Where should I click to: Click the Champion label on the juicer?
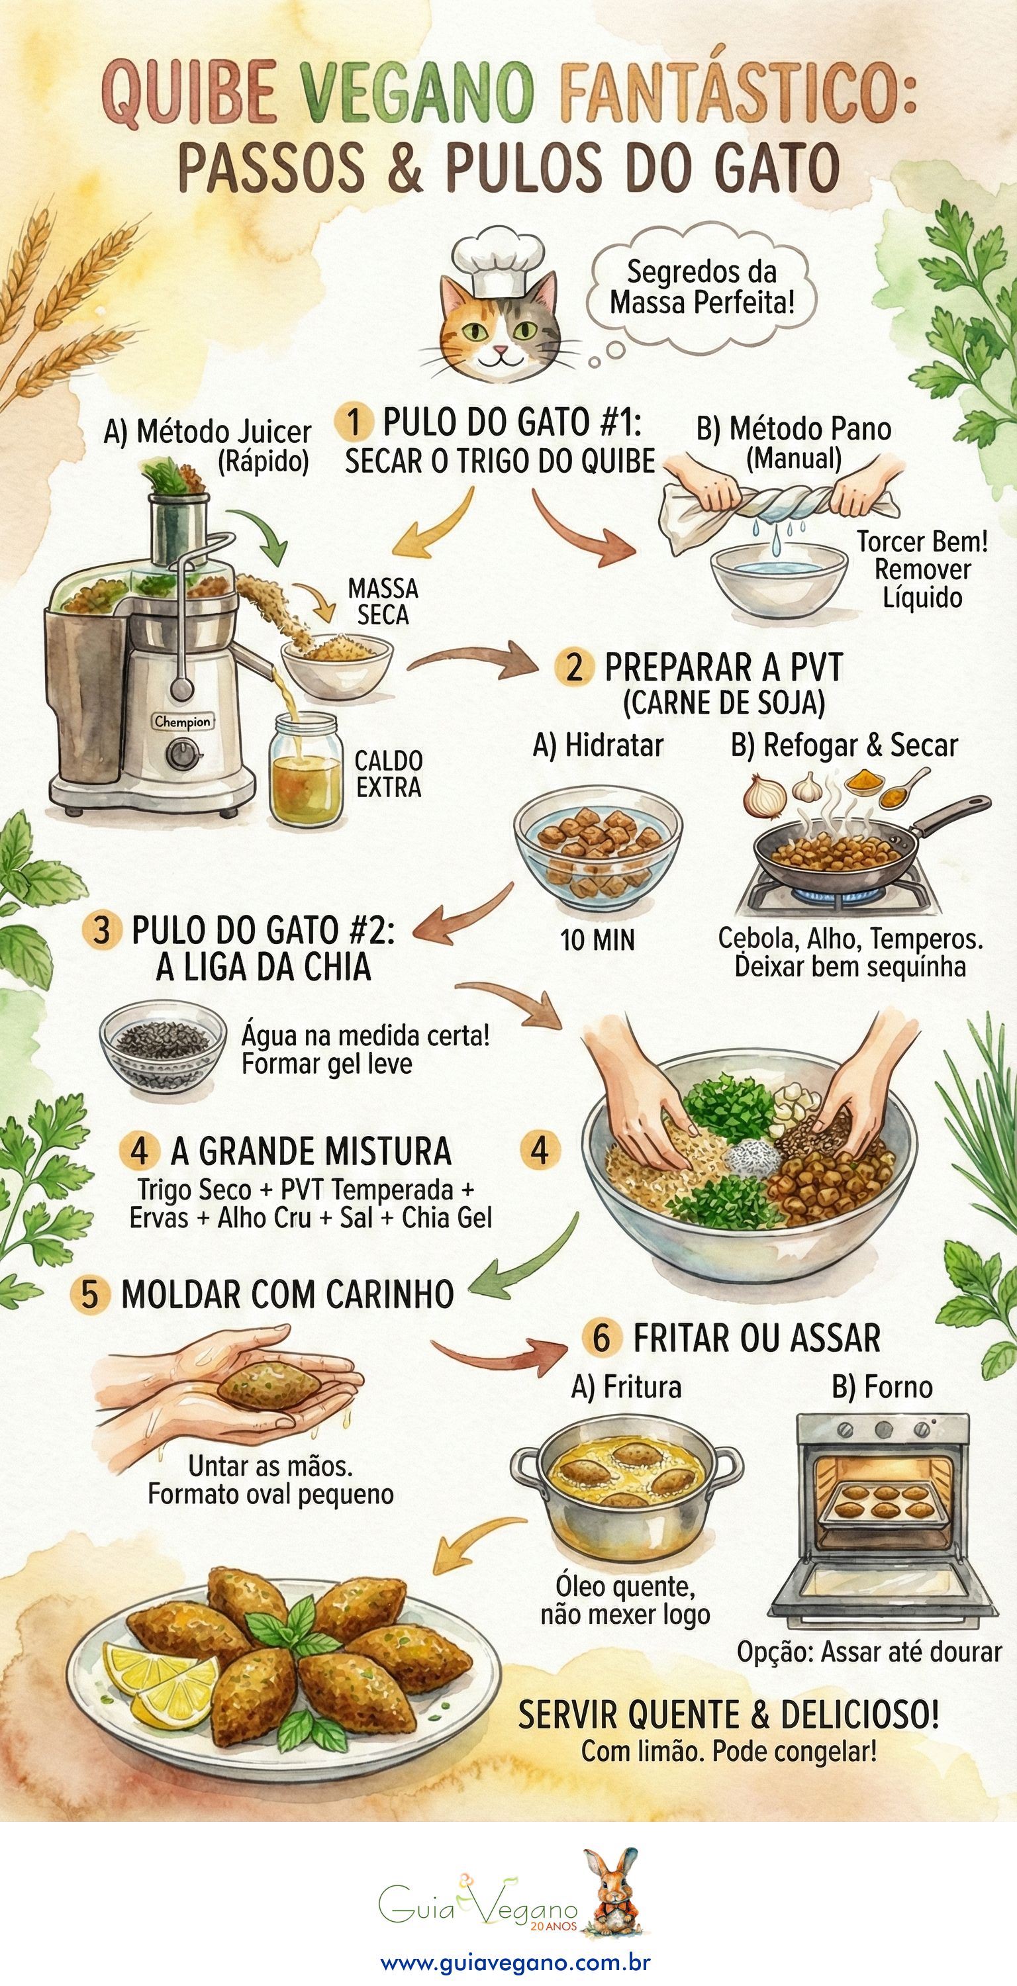tap(181, 722)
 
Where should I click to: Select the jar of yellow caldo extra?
tap(305, 771)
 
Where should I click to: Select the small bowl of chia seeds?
tap(163, 1045)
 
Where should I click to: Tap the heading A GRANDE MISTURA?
tap(310, 1151)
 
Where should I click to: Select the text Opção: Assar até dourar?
tap(869, 1652)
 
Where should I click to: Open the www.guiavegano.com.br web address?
tap(515, 1962)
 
